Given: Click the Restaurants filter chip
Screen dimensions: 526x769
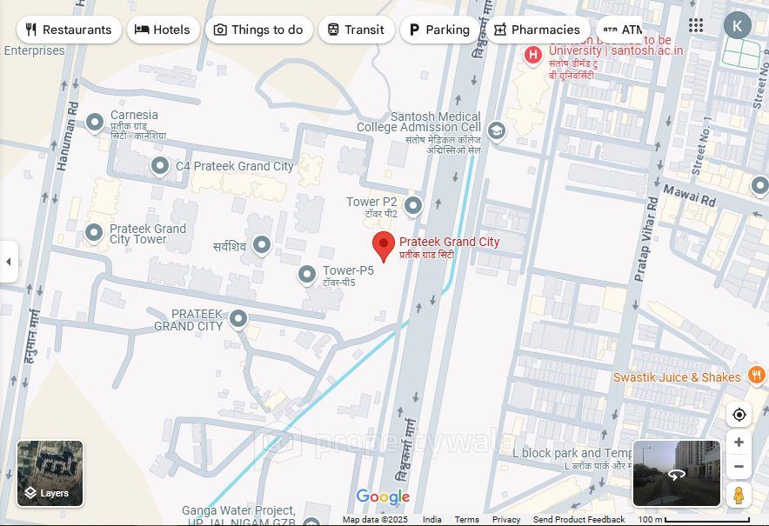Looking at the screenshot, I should click(x=68, y=30).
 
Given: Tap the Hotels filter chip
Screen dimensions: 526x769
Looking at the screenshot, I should click(x=163, y=30).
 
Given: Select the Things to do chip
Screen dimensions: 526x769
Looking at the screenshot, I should click(x=258, y=30).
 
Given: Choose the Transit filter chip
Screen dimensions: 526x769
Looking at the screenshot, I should click(x=356, y=30).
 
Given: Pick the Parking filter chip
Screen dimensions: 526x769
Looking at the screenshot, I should click(x=439, y=30).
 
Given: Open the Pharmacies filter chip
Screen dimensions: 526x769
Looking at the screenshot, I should click(x=537, y=30).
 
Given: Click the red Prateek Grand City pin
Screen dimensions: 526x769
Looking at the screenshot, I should click(x=384, y=246).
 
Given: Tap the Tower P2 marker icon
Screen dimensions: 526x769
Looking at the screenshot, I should click(x=413, y=205).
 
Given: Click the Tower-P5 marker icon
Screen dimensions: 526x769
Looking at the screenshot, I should click(x=306, y=275).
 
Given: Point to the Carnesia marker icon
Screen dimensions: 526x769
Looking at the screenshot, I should click(x=95, y=123).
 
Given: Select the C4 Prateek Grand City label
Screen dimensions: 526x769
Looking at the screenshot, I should click(x=235, y=166).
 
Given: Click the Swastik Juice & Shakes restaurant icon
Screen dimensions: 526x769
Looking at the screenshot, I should click(x=756, y=376).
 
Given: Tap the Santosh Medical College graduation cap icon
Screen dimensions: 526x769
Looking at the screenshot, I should click(x=496, y=130).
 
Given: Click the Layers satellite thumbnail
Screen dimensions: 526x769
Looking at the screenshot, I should click(x=50, y=473).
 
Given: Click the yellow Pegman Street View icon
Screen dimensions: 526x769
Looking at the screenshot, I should click(x=739, y=495).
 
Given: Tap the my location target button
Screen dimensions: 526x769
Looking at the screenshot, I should click(x=739, y=415).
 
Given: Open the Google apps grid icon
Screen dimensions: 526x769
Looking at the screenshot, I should click(x=696, y=25).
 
